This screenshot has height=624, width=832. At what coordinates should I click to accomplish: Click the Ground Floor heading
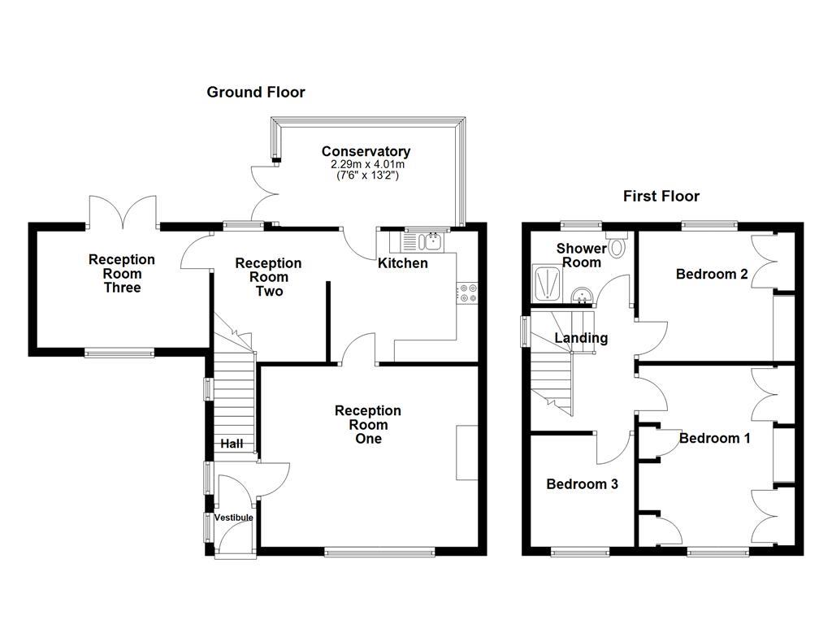point(256,92)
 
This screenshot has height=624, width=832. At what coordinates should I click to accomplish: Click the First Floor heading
point(661,196)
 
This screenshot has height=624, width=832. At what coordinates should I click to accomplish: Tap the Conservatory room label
point(366,151)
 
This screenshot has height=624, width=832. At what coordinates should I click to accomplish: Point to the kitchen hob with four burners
point(466,292)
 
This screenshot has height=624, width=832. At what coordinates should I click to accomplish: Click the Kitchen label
point(402,263)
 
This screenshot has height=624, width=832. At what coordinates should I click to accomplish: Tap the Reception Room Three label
point(121,274)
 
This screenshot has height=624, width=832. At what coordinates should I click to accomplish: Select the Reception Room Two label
point(268,277)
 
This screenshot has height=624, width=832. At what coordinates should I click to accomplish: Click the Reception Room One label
point(368,425)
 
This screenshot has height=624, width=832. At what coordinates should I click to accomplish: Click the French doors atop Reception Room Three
point(122,212)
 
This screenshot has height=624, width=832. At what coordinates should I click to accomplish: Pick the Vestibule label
point(233,518)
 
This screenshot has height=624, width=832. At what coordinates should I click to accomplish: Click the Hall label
point(232,444)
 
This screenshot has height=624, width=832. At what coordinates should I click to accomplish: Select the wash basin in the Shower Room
point(582,294)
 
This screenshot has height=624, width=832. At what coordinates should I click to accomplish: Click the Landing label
point(581,338)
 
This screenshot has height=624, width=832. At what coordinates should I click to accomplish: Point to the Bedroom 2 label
point(712,274)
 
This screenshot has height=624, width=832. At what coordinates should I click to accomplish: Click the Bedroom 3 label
point(582,484)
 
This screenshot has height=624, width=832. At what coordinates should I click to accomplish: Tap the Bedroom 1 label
point(714,438)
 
